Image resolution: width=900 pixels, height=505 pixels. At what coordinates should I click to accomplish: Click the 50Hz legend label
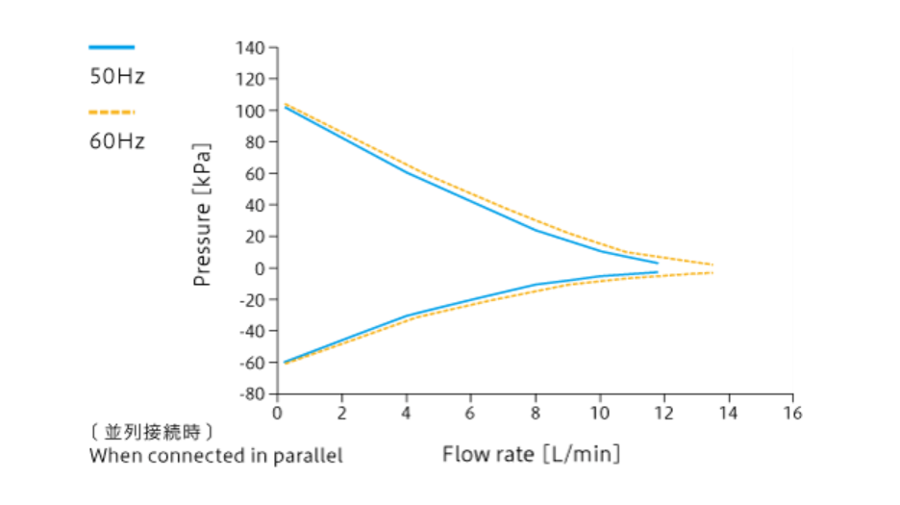coord(117,77)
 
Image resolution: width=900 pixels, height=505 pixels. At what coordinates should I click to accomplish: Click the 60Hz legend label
coord(117,141)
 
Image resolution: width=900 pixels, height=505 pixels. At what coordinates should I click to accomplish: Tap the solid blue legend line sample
coord(112,46)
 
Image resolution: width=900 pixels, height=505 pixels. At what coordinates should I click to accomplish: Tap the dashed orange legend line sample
coord(112,112)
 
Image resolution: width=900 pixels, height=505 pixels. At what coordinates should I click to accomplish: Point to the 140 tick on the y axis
coord(253,47)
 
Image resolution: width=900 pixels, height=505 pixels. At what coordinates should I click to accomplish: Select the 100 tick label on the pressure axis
coord(253,111)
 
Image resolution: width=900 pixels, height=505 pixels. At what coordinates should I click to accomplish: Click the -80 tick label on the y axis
coord(253,393)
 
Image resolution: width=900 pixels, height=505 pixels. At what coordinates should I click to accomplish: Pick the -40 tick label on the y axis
coord(253,331)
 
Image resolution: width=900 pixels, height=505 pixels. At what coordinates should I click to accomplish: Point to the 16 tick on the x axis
coord(792,413)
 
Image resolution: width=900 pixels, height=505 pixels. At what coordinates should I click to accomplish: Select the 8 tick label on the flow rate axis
coord(536,413)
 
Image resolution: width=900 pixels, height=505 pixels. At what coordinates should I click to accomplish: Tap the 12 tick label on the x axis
coord(663,413)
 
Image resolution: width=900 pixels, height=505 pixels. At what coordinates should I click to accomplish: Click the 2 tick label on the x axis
coord(341,413)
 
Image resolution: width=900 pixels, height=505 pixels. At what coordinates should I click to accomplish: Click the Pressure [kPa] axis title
coord(203,216)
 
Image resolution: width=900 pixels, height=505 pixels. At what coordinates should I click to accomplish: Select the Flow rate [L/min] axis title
coord(531,453)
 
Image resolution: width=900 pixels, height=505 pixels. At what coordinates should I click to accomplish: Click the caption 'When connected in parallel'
coord(215,455)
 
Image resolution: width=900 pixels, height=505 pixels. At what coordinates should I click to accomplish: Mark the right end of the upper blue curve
coord(658,263)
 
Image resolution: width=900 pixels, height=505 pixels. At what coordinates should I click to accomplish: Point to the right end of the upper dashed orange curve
coord(712,265)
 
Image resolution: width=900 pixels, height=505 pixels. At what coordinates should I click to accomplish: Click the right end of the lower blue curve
coord(658,272)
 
